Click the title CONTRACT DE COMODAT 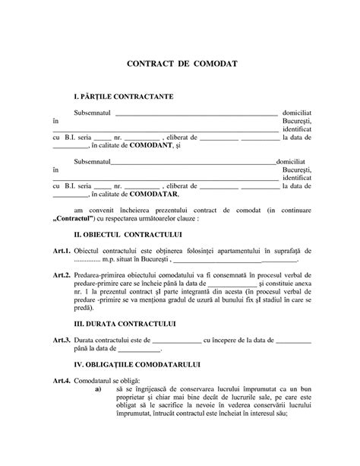coord(180,66)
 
